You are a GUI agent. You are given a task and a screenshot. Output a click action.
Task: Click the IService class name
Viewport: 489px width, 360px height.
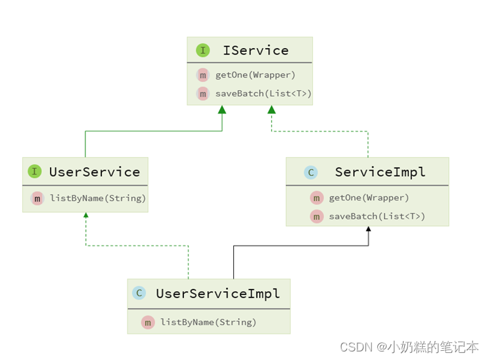click(x=256, y=51)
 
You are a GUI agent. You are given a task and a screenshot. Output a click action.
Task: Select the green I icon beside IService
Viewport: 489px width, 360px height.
click(x=202, y=51)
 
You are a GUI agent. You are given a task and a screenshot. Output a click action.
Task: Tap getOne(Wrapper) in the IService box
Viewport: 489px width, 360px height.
click(x=255, y=75)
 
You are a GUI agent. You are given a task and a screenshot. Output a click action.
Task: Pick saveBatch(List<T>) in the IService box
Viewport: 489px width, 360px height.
click(x=263, y=94)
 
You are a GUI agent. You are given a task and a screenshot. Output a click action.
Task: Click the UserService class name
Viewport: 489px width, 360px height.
click(x=94, y=172)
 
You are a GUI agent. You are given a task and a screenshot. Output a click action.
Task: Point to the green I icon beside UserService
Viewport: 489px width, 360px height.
click(x=35, y=172)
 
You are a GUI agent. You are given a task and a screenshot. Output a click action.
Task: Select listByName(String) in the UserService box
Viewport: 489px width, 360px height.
click(x=97, y=198)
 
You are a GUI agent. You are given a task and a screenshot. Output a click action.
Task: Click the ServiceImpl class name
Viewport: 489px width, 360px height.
click(x=380, y=172)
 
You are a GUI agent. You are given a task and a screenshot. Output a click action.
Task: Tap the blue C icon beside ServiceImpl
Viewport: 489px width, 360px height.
click(x=311, y=173)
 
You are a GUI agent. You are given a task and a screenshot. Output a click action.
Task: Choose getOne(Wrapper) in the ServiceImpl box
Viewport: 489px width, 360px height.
click(x=369, y=198)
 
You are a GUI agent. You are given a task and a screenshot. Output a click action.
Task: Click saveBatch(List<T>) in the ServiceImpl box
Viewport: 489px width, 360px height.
click(x=377, y=216)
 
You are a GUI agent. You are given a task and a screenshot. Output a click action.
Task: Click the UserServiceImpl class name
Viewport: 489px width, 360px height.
click(x=218, y=294)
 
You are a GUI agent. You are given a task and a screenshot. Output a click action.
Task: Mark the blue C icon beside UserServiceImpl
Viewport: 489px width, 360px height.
click(x=139, y=294)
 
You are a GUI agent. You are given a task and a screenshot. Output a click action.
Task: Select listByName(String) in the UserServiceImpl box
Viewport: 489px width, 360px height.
click(x=208, y=322)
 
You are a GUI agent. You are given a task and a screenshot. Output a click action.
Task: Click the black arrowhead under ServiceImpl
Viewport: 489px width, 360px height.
click(x=369, y=229)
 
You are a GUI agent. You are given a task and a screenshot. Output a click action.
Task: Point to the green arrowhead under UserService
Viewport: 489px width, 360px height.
click(x=85, y=217)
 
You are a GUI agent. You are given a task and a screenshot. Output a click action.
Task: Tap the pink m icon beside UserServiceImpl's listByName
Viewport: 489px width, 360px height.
click(x=148, y=322)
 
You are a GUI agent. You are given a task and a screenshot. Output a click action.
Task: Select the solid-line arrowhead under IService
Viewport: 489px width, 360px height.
click(x=222, y=110)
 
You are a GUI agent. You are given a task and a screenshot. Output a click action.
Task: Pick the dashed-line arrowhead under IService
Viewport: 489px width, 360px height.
click(x=271, y=110)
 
